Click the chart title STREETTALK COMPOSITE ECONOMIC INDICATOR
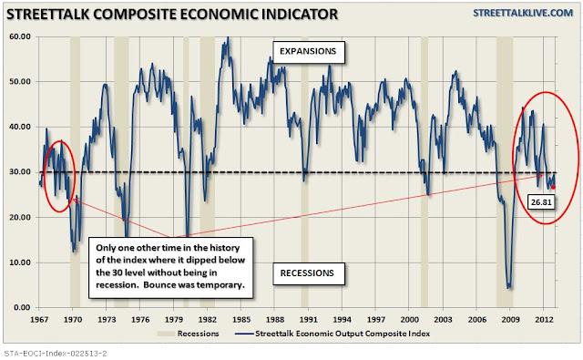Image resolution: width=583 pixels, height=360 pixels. (172, 15)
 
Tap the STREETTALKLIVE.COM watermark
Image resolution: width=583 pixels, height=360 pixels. (523, 13)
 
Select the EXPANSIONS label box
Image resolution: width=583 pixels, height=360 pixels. (308, 52)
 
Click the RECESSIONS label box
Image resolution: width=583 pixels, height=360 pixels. (309, 273)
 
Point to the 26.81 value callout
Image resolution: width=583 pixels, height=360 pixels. (541, 202)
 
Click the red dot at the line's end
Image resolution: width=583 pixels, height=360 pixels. (553, 187)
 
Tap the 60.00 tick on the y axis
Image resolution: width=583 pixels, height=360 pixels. (20, 36)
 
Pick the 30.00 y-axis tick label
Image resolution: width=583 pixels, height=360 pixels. (20, 172)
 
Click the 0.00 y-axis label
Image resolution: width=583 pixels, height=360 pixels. (22, 307)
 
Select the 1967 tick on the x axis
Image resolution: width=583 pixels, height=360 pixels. (39, 320)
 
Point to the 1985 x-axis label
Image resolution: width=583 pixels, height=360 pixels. (240, 320)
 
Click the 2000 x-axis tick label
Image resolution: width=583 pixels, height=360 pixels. (409, 320)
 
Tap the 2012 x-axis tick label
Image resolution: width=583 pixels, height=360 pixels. (544, 320)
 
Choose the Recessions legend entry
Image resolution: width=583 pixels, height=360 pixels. (189, 334)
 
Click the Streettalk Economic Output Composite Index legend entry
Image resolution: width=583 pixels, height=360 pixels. (332, 334)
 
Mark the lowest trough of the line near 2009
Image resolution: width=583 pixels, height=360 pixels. (508, 287)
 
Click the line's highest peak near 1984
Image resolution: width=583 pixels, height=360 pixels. (228, 37)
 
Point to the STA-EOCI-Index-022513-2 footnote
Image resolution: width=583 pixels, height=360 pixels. (56, 353)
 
